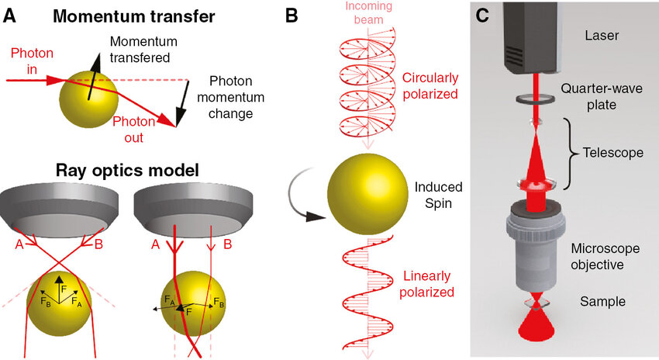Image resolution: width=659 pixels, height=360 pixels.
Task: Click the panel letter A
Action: [9, 16]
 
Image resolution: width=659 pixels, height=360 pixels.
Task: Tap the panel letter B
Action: [292, 16]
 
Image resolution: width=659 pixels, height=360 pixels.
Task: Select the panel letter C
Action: [482, 16]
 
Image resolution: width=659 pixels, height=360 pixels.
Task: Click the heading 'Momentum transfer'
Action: [133, 16]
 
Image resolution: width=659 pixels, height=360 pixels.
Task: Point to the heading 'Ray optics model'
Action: [127, 171]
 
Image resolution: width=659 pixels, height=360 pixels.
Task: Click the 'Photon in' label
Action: [32, 61]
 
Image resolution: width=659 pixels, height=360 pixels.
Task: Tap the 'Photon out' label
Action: [133, 130]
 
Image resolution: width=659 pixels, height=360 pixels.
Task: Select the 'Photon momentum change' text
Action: [231, 97]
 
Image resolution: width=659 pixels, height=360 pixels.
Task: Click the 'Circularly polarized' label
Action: [430, 86]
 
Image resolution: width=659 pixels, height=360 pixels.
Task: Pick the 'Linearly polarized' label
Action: [427, 284]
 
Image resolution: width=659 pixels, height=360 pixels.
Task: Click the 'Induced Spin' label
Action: [438, 196]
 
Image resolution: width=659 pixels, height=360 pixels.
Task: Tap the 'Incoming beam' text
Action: [368, 12]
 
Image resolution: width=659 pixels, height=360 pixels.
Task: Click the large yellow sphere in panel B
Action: [367, 194]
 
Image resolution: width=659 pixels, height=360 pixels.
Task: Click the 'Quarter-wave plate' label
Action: [602, 97]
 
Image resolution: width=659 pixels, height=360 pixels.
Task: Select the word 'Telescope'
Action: [612, 152]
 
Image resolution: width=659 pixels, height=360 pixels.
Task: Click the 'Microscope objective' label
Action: [606, 257]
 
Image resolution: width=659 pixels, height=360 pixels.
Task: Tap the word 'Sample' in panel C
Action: [602, 302]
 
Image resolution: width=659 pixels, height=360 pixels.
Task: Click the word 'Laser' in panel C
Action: [602, 36]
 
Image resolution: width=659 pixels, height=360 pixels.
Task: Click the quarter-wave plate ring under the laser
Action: [536, 99]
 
